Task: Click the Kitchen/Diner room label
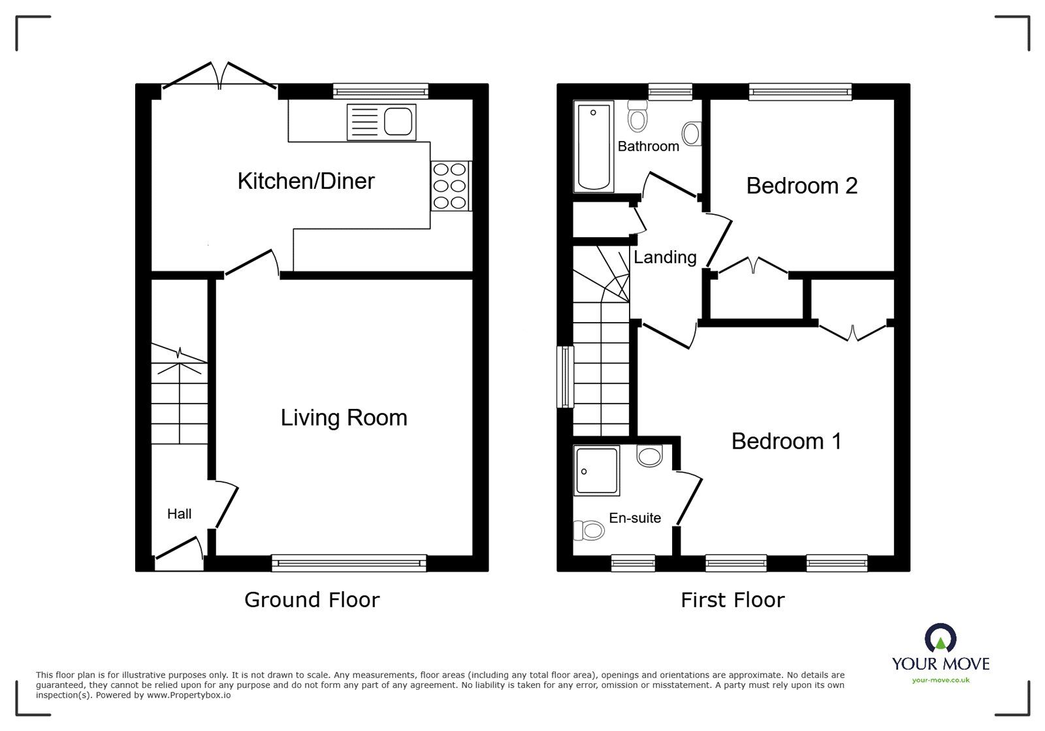pyautogui.click(x=306, y=181)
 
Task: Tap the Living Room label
pyautogui.click(x=344, y=417)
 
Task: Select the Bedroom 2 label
pyautogui.click(x=802, y=186)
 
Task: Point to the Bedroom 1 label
pyautogui.click(x=786, y=442)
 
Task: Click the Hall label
pyautogui.click(x=179, y=513)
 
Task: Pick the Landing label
pyautogui.click(x=665, y=257)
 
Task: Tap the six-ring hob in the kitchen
pyautogui.click(x=451, y=186)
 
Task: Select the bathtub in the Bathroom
pyautogui.click(x=594, y=146)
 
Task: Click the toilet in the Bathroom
pyautogui.click(x=637, y=116)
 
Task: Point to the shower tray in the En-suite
pyautogui.click(x=597, y=470)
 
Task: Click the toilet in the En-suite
pyautogui.click(x=588, y=530)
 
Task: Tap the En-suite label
pyautogui.click(x=635, y=518)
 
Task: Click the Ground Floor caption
pyautogui.click(x=312, y=600)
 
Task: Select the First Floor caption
pyautogui.click(x=732, y=600)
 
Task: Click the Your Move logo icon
pyautogui.click(x=940, y=638)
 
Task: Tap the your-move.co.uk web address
pyautogui.click(x=940, y=680)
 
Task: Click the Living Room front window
pyautogui.click(x=349, y=563)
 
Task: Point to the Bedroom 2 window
pyautogui.click(x=800, y=92)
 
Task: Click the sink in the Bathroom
pyautogui.click(x=692, y=134)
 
